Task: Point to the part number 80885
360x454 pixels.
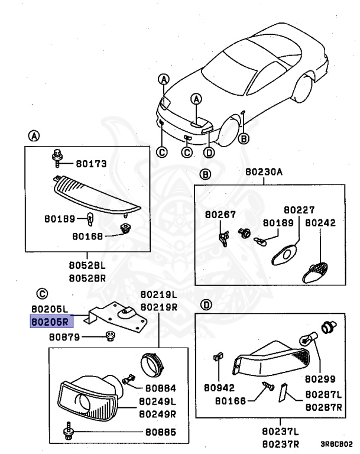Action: tap(157, 432)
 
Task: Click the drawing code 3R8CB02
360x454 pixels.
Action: tap(336, 443)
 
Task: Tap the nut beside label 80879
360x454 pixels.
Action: tap(109, 336)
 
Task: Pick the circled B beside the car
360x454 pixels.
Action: tap(244, 139)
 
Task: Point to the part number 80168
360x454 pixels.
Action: tap(87, 235)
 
